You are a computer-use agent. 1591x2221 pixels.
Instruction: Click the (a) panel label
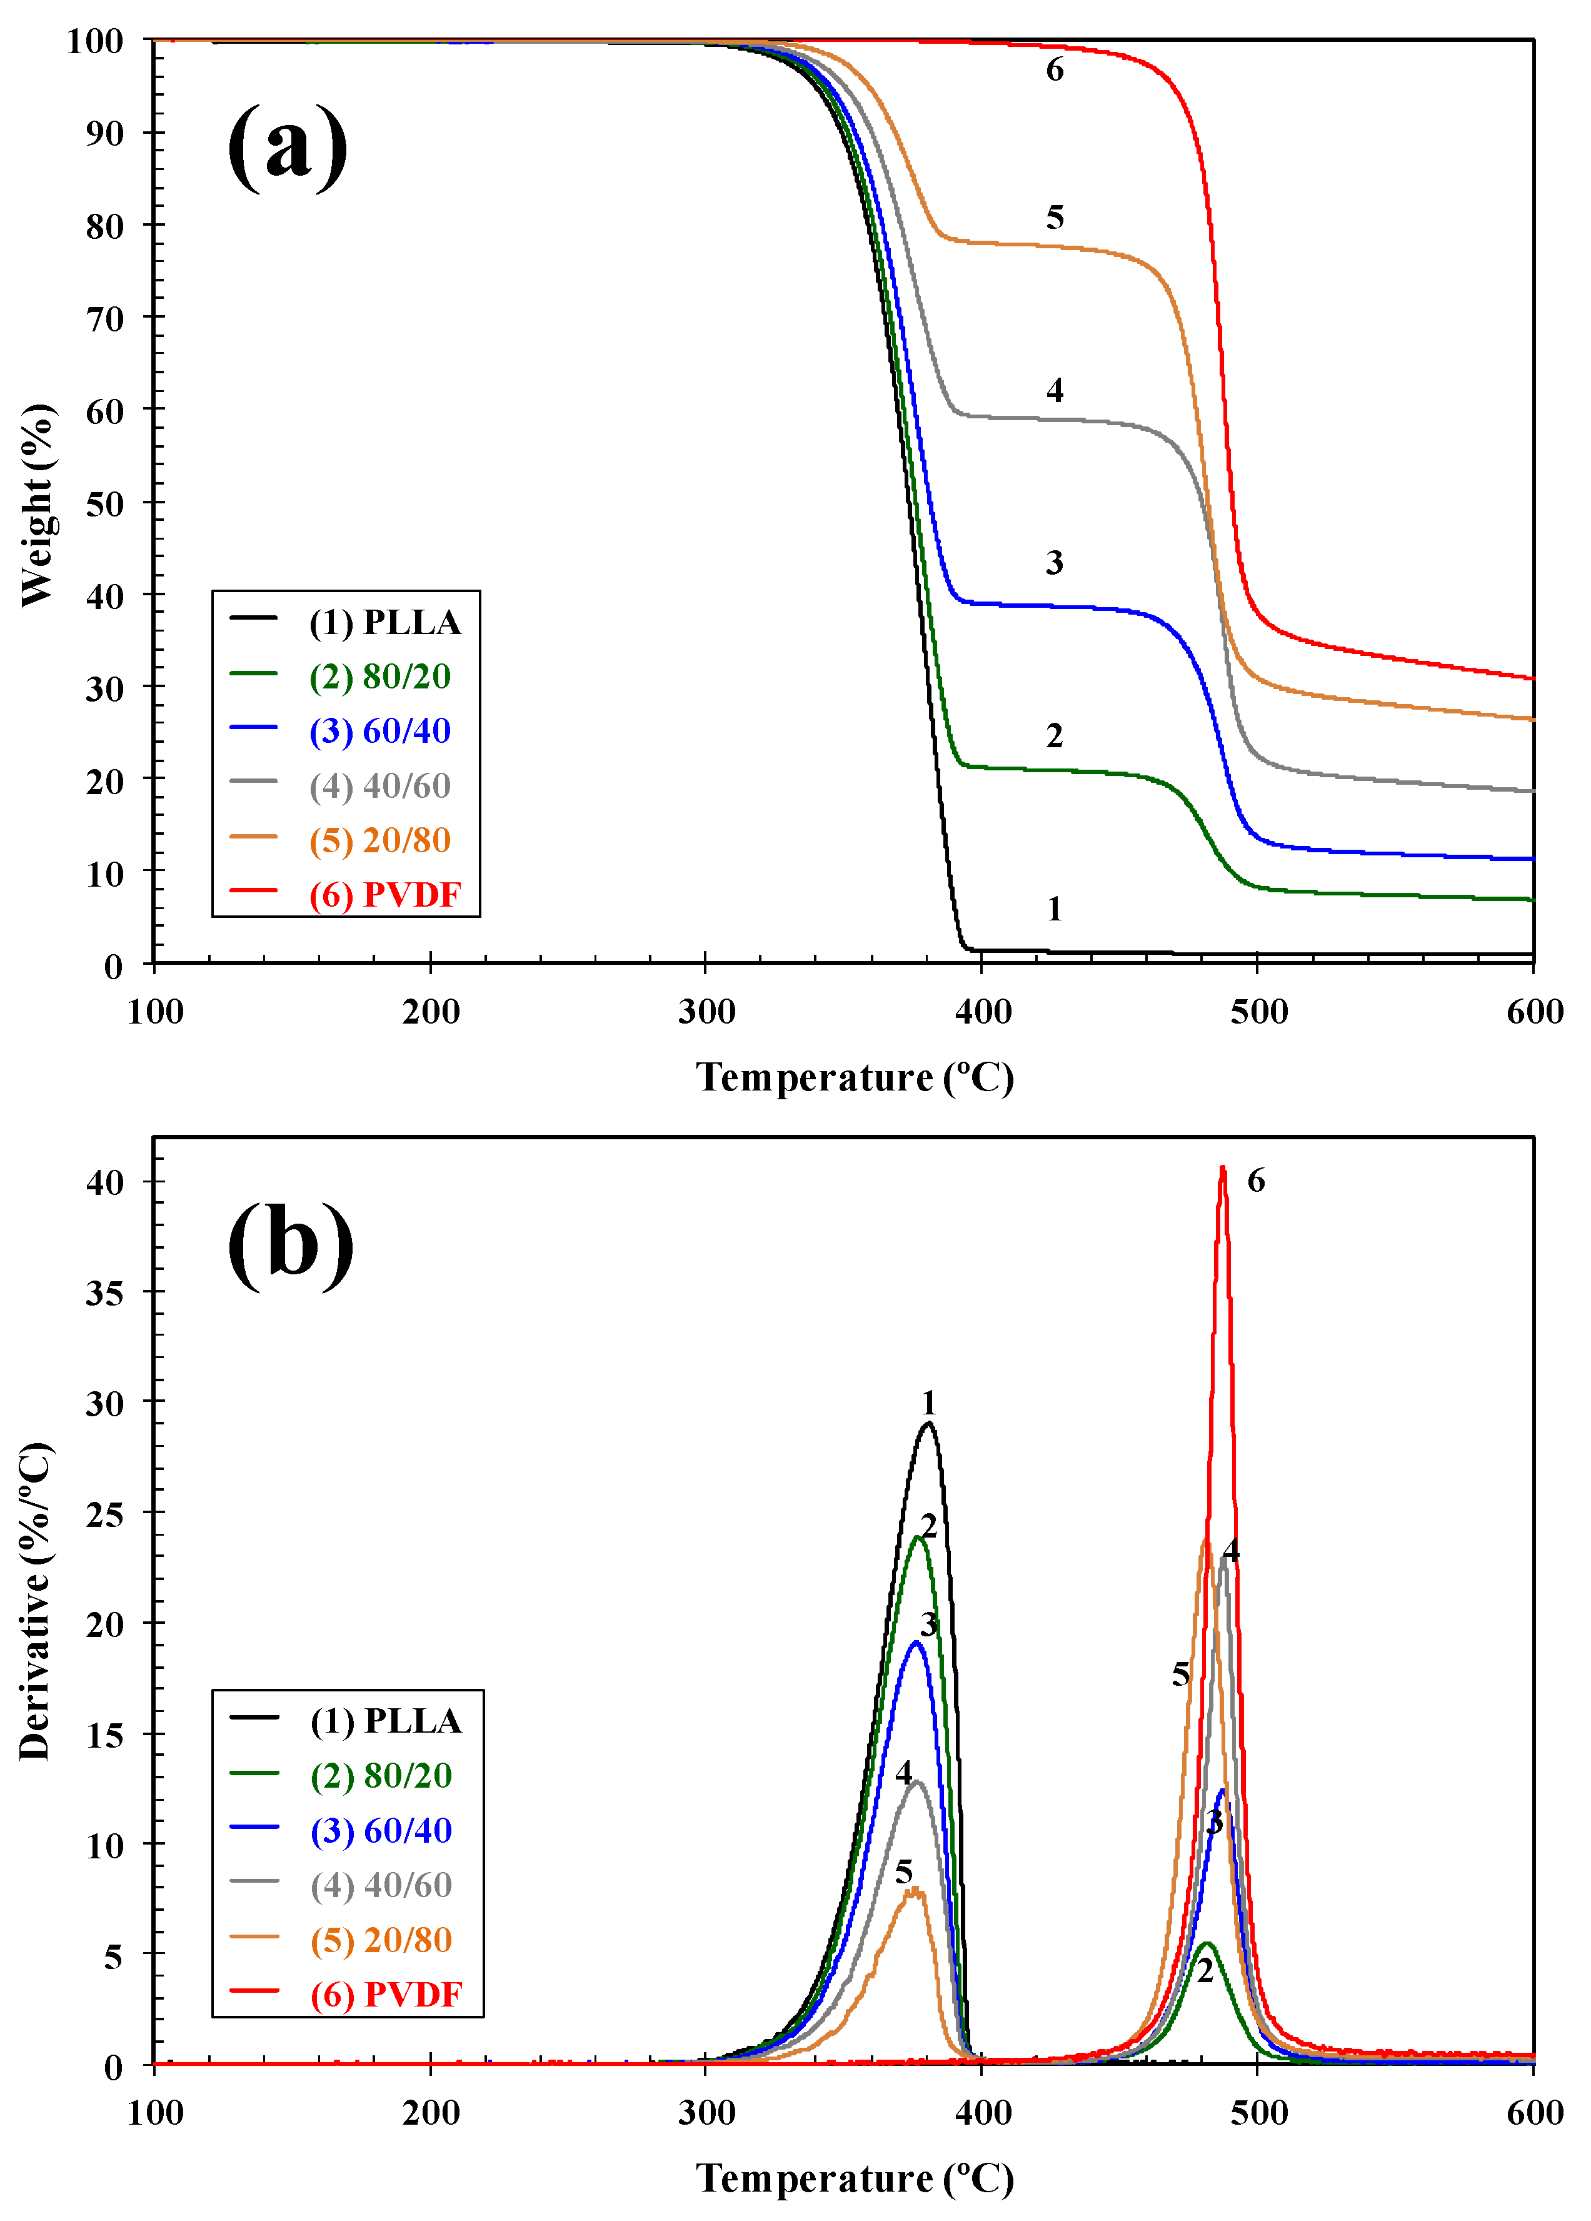click(287, 147)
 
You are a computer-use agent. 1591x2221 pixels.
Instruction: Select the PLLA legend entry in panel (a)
click(384, 622)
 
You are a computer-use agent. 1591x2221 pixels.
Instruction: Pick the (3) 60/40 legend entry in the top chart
click(380, 730)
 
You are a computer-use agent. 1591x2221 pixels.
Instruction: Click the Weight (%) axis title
click(38, 505)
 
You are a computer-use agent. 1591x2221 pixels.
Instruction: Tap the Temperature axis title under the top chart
click(854, 1077)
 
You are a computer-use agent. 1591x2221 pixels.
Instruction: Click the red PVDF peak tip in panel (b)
click(1222, 1168)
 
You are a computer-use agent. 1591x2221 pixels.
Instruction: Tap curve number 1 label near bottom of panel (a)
click(1053, 909)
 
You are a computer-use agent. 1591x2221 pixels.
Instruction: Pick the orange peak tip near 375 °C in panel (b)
click(915, 1889)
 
